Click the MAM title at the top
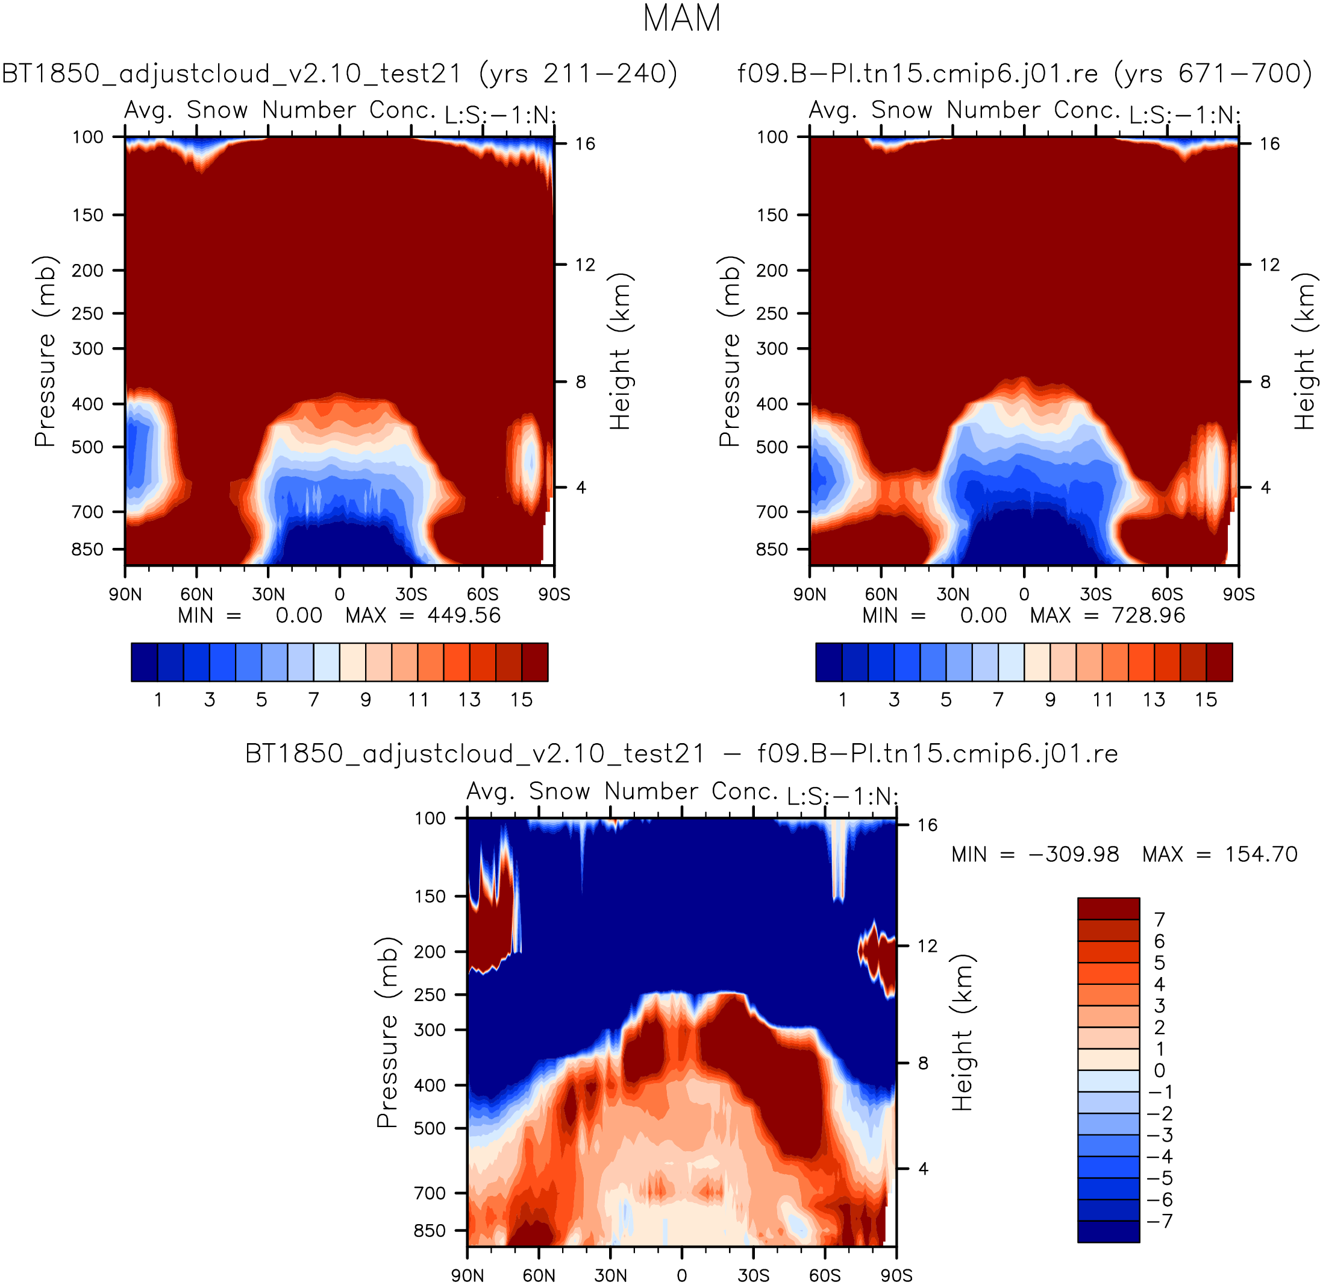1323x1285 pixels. (682, 18)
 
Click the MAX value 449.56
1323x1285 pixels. (464, 615)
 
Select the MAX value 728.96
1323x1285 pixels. (1148, 615)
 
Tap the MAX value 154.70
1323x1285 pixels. (1261, 854)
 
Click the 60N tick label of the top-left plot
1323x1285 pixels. (196, 594)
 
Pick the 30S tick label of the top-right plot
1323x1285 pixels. (1095, 594)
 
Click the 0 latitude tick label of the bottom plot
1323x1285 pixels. (682, 1275)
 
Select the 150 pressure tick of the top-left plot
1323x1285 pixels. (88, 215)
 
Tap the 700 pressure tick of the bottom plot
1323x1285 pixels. (430, 1193)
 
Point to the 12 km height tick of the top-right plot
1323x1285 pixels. (1269, 265)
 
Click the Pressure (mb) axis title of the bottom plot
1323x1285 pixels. (387, 1032)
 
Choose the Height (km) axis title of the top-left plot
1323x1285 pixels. (620, 351)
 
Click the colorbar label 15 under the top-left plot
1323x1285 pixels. (521, 699)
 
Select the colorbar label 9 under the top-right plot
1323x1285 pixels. (1050, 699)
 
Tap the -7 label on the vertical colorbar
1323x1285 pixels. (1160, 1222)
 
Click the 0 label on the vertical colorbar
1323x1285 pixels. (1159, 1070)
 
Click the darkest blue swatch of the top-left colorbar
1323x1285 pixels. (145, 662)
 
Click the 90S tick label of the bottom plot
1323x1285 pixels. (896, 1275)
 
